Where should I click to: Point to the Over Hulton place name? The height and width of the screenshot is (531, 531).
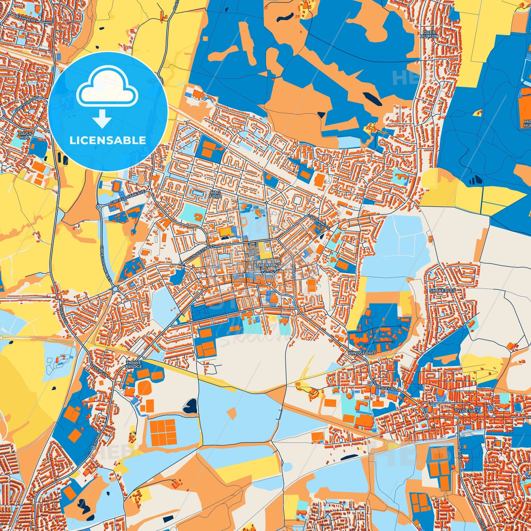[x=429, y=34]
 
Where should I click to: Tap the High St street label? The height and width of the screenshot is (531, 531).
[x=294, y=267]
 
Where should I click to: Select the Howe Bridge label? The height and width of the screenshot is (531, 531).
[x=134, y=365]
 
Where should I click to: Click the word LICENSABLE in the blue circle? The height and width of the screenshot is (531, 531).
[x=108, y=141]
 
